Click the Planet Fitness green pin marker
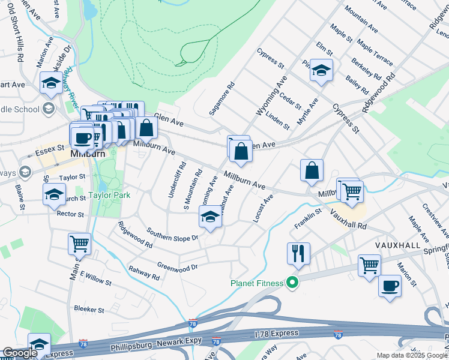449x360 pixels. [293, 281]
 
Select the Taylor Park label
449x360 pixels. [109, 195]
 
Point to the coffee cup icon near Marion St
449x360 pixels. [390, 286]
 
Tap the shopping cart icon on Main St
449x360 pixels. [79, 244]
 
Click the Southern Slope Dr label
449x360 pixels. [172, 237]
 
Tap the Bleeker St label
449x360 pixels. [89, 310]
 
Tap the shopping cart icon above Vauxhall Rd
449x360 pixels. [352, 191]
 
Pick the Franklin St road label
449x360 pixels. [308, 219]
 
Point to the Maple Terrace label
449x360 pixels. [375, 53]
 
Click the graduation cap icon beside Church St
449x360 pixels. [54, 194]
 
